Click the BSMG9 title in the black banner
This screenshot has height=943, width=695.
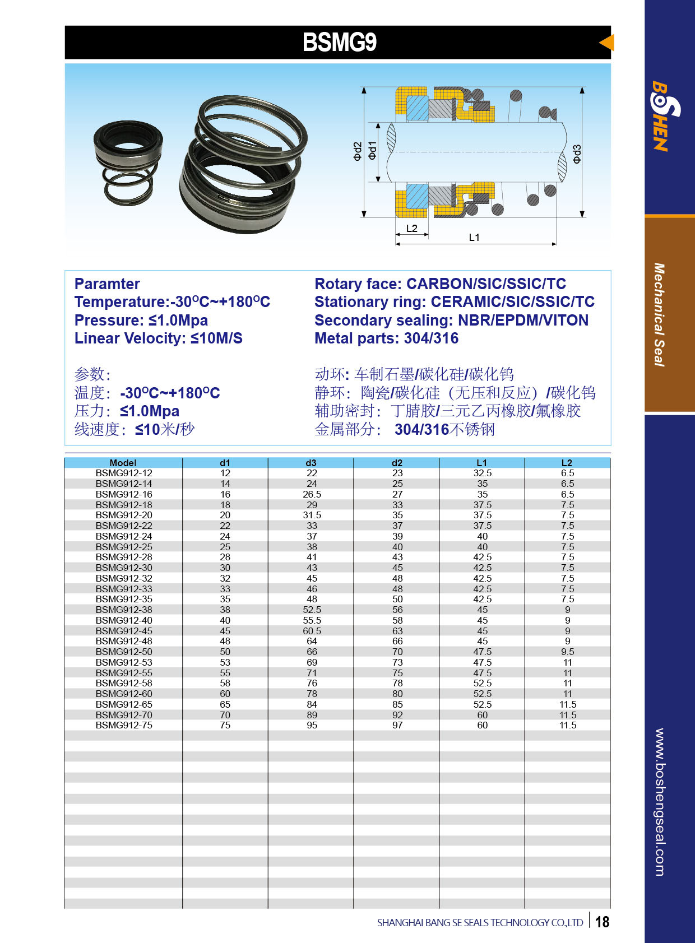click(340, 43)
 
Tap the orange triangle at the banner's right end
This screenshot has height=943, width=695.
click(607, 43)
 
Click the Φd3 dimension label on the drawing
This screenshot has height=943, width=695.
click(577, 154)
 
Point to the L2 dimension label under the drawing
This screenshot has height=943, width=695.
click(412, 228)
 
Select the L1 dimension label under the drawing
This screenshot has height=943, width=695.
click(474, 237)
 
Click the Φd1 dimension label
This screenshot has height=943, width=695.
click(372, 150)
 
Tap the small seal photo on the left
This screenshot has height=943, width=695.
click(128, 162)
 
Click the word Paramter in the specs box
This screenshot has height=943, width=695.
click(107, 284)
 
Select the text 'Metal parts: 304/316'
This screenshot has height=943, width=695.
click(386, 338)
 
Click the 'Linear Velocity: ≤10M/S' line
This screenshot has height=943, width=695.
click(159, 338)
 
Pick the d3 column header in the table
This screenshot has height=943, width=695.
click(311, 463)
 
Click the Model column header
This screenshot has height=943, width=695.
click(123, 463)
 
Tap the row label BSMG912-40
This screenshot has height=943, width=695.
click(124, 620)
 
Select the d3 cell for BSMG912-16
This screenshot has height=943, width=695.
click(312, 494)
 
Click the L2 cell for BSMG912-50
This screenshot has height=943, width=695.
click(567, 652)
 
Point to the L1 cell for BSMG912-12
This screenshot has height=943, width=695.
click(482, 473)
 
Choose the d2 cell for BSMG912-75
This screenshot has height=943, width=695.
click(397, 725)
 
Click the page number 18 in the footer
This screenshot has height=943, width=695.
click(602, 922)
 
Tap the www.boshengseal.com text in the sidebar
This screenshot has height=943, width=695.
click(660, 802)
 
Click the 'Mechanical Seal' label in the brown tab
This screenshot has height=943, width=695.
click(660, 314)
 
